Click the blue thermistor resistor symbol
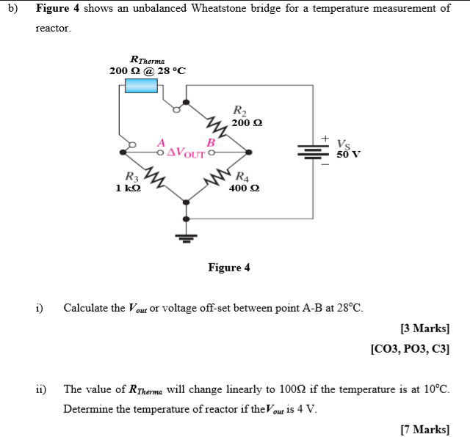(141, 86)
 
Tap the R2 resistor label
(239, 111)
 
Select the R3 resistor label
(131, 177)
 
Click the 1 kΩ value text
(128, 188)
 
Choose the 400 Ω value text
(243, 188)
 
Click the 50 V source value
(348, 155)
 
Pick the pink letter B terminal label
(211, 142)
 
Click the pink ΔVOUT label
(187, 153)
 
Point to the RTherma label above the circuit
(147, 59)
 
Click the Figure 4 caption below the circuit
(228, 268)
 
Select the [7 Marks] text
(425, 430)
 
